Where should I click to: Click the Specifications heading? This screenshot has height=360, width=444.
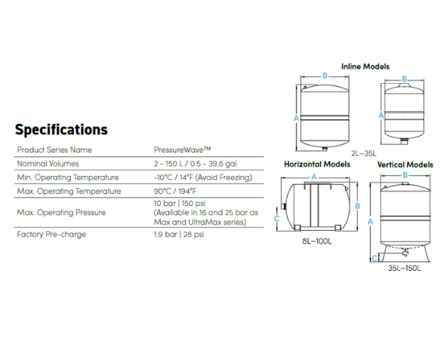(x=61, y=130)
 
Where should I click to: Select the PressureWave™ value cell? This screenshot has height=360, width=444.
(x=183, y=149)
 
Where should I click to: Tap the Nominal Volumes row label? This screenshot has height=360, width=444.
(x=48, y=164)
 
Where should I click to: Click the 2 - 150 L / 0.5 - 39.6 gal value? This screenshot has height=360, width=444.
(x=195, y=164)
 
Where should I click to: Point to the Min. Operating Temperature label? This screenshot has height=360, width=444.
(x=68, y=177)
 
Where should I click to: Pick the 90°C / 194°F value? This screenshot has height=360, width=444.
(x=175, y=191)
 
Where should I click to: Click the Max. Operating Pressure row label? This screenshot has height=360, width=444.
(x=61, y=212)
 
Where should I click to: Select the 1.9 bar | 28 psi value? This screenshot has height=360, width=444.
(x=179, y=234)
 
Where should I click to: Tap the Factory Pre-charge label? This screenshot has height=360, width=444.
(x=51, y=234)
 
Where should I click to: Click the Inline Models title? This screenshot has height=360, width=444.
(x=365, y=66)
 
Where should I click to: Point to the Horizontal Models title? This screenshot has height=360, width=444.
(x=317, y=165)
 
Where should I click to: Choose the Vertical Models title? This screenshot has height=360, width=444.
(x=405, y=165)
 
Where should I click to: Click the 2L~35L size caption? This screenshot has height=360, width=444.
(x=364, y=153)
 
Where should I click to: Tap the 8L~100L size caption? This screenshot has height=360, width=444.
(x=317, y=242)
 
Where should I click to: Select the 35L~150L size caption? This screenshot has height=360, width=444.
(x=405, y=268)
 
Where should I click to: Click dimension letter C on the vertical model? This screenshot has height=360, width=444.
(x=375, y=258)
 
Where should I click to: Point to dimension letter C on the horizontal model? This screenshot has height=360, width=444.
(x=277, y=219)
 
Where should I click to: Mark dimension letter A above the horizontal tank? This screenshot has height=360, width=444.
(x=314, y=177)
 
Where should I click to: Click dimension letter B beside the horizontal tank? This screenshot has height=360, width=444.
(x=357, y=206)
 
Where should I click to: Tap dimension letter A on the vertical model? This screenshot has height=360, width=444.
(x=370, y=222)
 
